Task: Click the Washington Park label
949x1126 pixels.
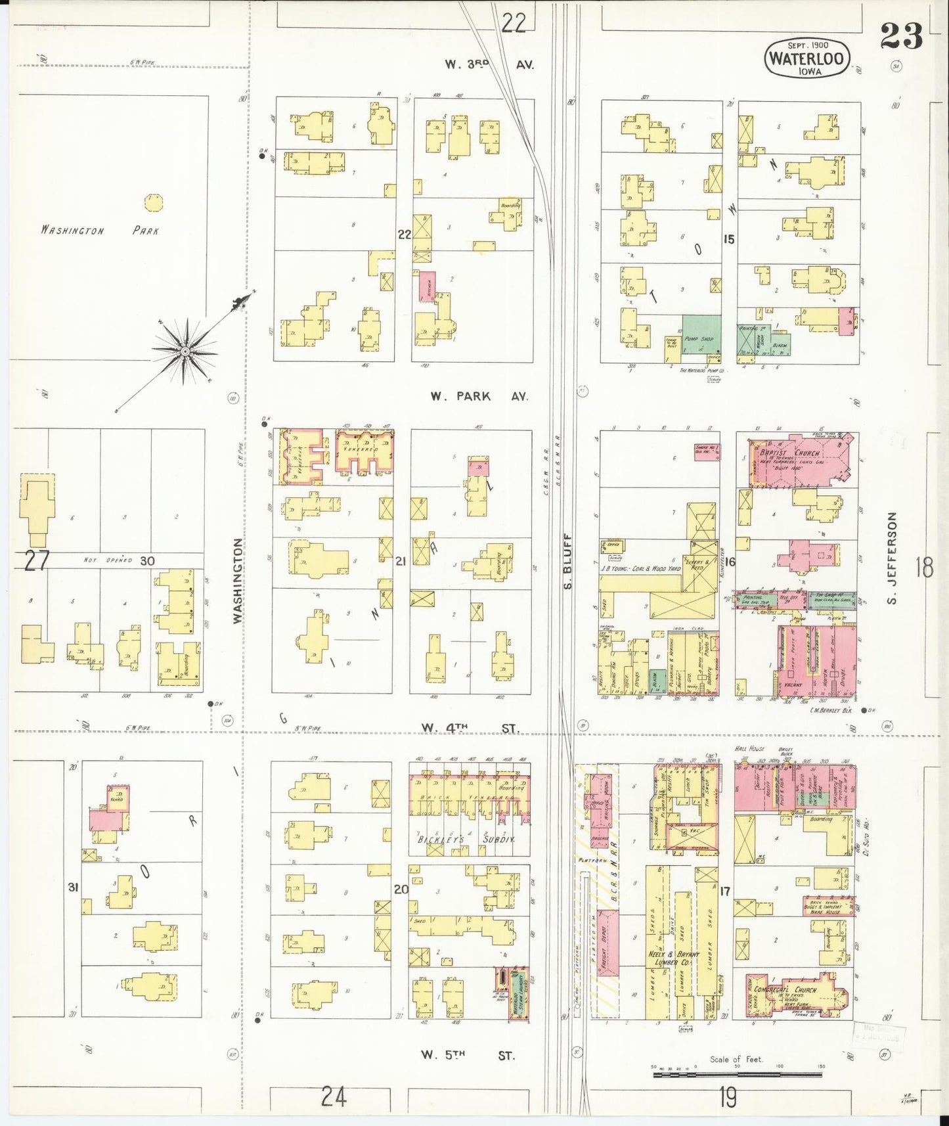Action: click(x=99, y=231)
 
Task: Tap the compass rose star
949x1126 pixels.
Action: click(x=185, y=352)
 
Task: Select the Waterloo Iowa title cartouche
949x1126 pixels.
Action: click(x=806, y=58)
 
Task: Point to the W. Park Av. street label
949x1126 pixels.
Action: click(x=479, y=396)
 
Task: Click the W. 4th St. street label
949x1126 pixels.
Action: click(x=469, y=728)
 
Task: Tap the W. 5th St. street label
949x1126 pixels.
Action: click(x=468, y=1055)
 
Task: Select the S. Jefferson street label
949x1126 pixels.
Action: click(x=891, y=558)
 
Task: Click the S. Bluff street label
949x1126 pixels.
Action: click(x=569, y=562)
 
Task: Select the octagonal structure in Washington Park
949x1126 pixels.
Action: click(x=154, y=202)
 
